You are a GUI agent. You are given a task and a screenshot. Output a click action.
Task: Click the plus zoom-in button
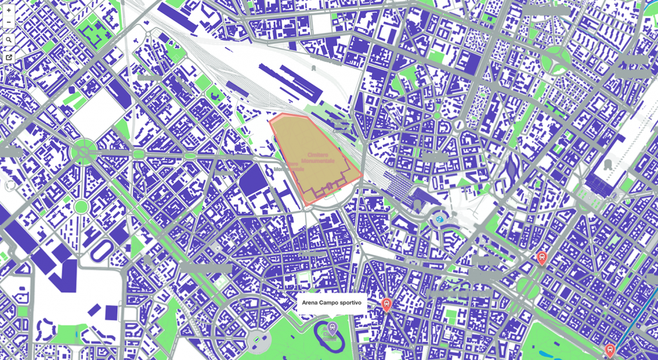(x=8, y=10)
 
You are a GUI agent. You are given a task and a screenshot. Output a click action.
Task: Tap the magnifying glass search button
(x=8, y=40)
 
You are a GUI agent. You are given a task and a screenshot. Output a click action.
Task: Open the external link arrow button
(x=8, y=57)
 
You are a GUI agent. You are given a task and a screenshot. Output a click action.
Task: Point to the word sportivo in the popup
(x=351, y=303)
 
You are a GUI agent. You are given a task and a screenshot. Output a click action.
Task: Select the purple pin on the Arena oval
(x=332, y=328)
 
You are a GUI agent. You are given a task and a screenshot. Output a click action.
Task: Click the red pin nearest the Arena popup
(x=386, y=304)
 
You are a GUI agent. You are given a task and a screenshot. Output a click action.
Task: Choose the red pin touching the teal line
(x=610, y=350)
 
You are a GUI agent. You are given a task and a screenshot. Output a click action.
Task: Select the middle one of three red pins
(x=542, y=257)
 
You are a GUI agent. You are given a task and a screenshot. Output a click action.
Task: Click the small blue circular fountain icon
(x=440, y=219)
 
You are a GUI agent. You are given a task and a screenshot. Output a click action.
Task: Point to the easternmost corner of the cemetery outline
(x=362, y=174)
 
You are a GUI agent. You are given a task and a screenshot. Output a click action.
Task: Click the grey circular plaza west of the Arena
(x=258, y=341)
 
